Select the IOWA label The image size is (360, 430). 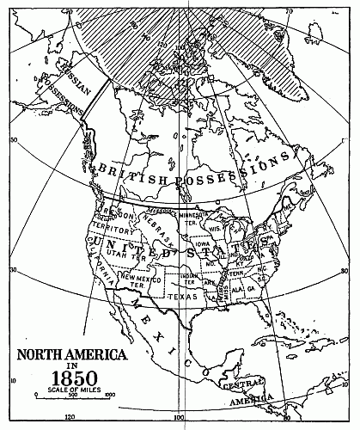pyautogui.click(x=203, y=243)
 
